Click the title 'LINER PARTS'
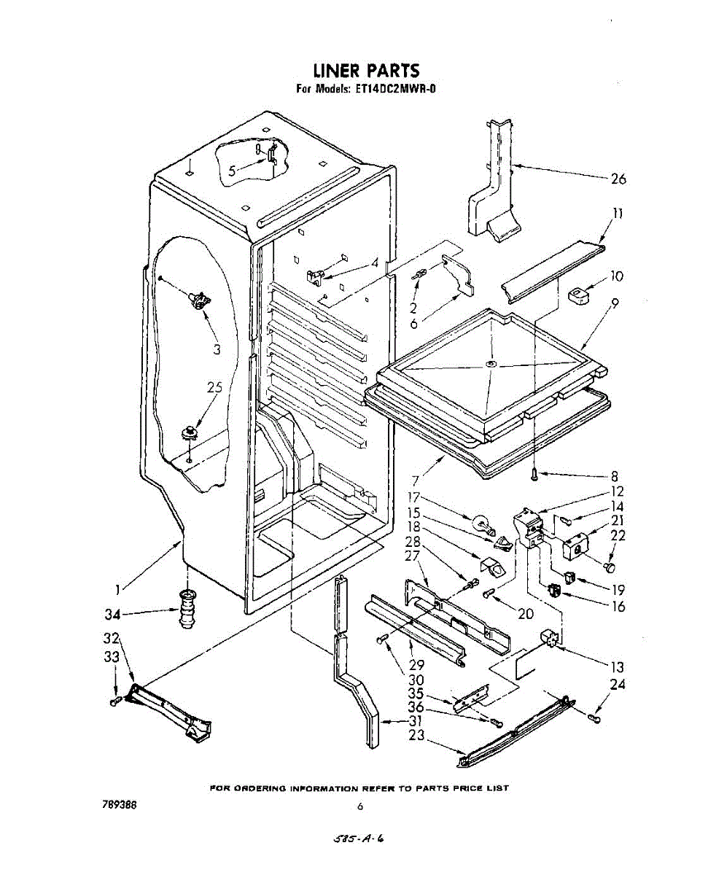click(x=366, y=71)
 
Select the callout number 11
click(x=617, y=214)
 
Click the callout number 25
click(x=214, y=389)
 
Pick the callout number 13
click(x=616, y=666)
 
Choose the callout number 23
click(x=416, y=736)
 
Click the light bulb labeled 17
click(x=482, y=522)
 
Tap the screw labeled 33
click(x=115, y=701)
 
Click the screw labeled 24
click(x=594, y=720)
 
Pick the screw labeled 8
click(x=534, y=475)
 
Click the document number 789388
click(x=116, y=804)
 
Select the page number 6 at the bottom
click(x=360, y=806)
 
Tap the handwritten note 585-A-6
click(x=358, y=839)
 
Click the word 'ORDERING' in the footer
click(x=257, y=787)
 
